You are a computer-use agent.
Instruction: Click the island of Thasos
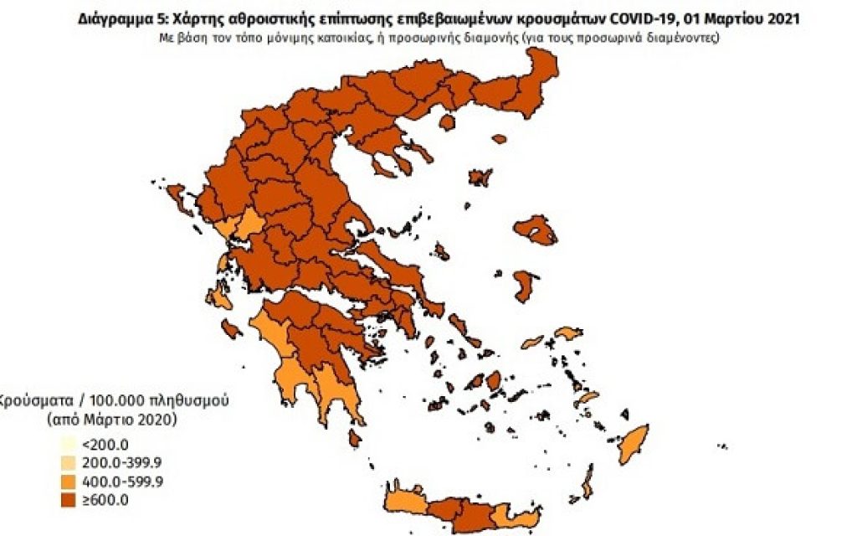[446, 123]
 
